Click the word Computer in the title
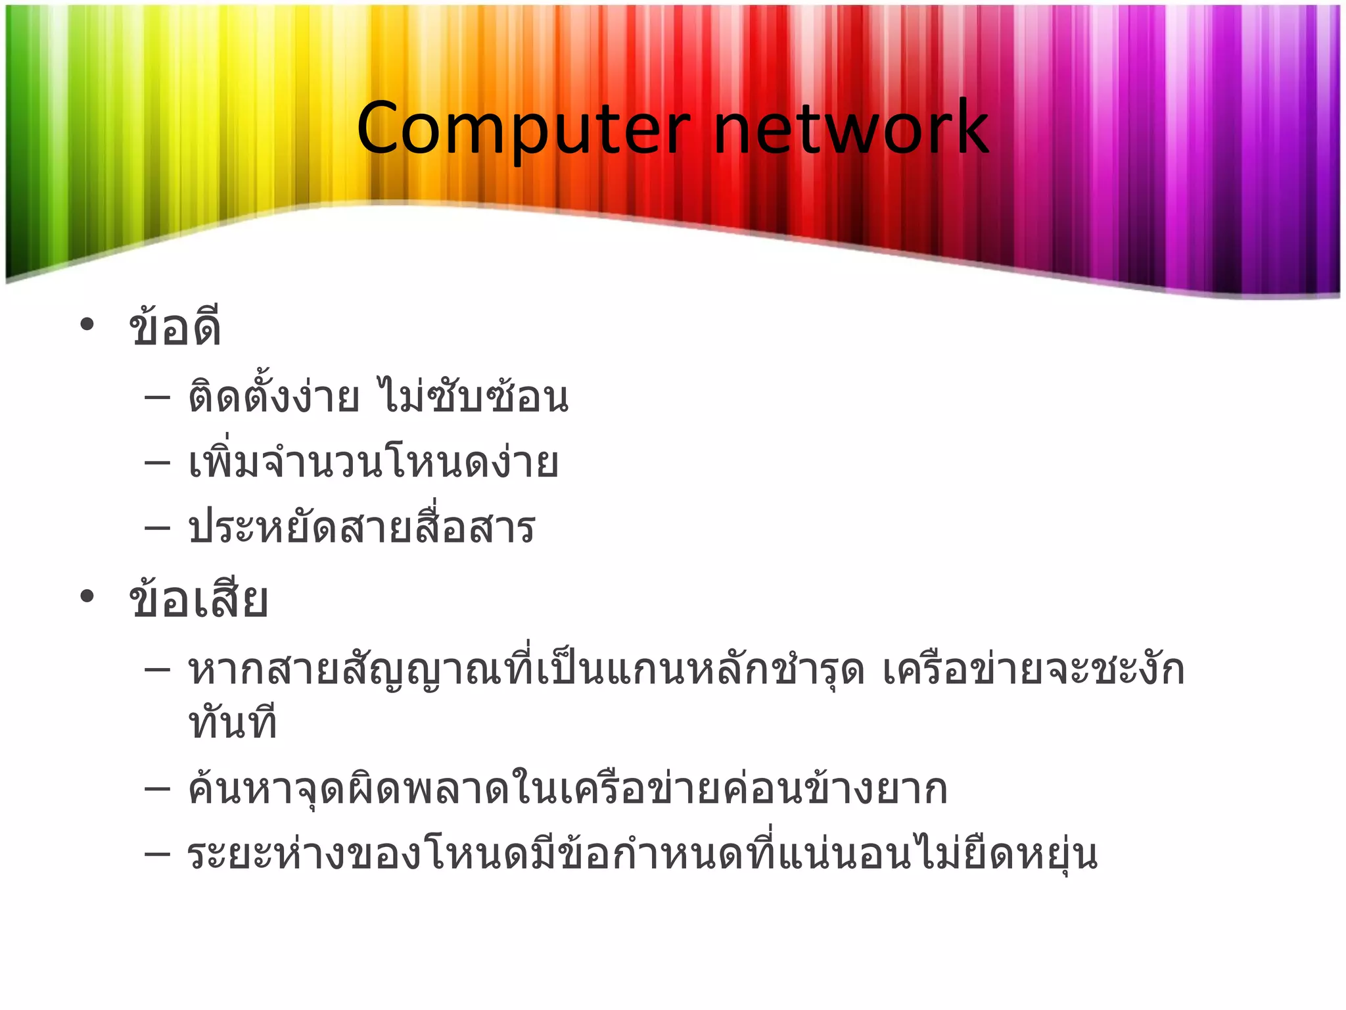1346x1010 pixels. (x=523, y=128)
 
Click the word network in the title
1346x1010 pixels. (x=850, y=128)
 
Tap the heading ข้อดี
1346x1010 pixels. (x=175, y=327)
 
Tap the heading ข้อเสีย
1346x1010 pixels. (x=198, y=599)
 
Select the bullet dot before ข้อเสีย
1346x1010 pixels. (x=87, y=596)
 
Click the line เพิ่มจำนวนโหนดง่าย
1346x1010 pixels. (x=373, y=463)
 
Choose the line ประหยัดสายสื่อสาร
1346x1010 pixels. (x=361, y=528)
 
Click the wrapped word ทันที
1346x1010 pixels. (x=233, y=723)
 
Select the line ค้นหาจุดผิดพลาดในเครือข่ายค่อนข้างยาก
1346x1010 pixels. (x=568, y=789)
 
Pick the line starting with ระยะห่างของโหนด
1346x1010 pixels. (x=643, y=855)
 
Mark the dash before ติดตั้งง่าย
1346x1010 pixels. (x=157, y=398)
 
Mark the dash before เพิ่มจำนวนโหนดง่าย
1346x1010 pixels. (x=157, y=463)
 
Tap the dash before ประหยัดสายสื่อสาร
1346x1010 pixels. (x=157, y=528)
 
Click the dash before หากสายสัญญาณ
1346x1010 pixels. (x=157, y=671)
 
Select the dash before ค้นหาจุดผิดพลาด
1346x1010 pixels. (x=157, y=789)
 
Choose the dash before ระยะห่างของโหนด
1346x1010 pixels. (x=157, y=855)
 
